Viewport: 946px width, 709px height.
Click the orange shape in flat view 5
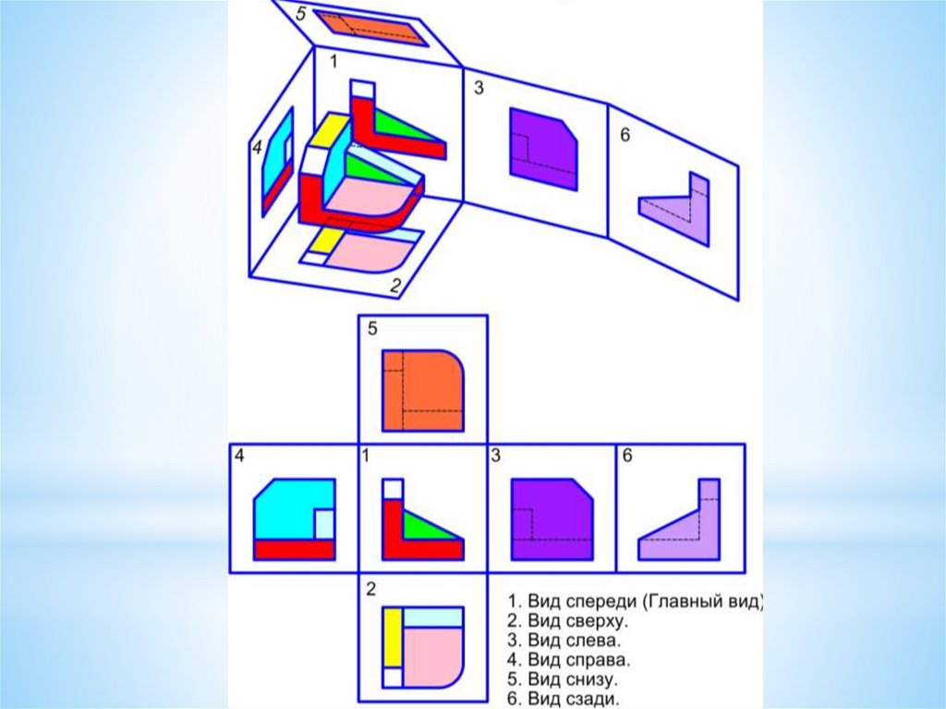[422, 390]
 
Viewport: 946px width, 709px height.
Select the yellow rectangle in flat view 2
[393, 637]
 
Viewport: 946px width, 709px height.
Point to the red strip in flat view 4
[295, 550]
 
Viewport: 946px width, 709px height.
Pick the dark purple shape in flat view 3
[552, 520]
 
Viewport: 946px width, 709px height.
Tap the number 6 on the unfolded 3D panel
[625, 135]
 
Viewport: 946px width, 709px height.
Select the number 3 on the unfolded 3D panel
[479, 88]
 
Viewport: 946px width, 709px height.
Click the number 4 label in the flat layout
[239, 456]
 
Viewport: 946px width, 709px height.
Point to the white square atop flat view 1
[393, 489]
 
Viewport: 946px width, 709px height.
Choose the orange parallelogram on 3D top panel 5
[372, 28]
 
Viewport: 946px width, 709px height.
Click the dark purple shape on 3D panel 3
[543, 149]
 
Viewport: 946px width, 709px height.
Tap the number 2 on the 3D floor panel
[395, 285]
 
